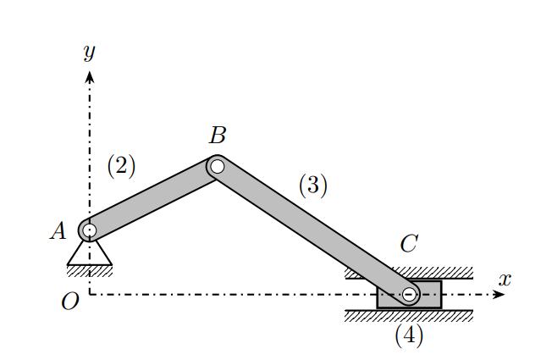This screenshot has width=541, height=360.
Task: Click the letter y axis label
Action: click(x=89, y=53)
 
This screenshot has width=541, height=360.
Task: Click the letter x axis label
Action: click(x=505, y=278)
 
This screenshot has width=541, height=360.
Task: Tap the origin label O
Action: click(x=70, y=302)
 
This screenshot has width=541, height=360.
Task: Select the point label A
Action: click(x=58, y=230)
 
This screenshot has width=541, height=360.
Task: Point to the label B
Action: click(x=218, y=135)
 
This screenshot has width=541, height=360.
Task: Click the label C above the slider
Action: click(x=409, y=245)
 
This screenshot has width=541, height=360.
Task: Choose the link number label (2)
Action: click(x=121, y=166)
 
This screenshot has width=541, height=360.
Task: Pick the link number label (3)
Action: click(x=312, y=186)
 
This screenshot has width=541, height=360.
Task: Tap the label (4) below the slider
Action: click(x=409, y=335)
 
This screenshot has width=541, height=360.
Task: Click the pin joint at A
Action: click(x=89, y=230)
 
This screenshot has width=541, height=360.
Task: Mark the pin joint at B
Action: click(x=217, y=166)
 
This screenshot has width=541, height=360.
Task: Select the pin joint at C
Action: click(x=409, y=295)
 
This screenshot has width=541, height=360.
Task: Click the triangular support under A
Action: click(x=89, y=252)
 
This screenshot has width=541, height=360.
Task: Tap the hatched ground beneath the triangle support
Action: click(x=89, y=270)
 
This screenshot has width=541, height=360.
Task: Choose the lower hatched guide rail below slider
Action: click(x=409, y=315)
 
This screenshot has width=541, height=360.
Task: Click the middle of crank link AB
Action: click(x=152, y=198)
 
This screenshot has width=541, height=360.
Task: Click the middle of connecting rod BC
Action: click(x=313, y=230)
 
